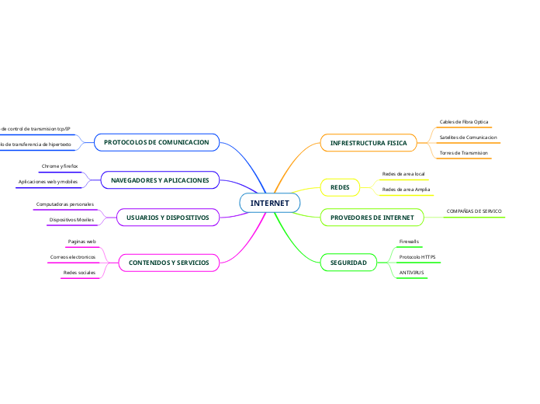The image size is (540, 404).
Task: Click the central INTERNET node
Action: tap(269, 203)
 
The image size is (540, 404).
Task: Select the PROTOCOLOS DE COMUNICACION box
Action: tap(157, 142)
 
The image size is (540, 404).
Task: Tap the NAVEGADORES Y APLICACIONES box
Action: tap(160, 180)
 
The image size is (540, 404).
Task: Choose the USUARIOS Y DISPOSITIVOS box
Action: tap(168, 218)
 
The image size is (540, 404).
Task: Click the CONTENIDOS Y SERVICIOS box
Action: tap(168, 263)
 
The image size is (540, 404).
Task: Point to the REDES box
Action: tap(340, 187)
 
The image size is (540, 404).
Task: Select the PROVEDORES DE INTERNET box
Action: tap(372, 218)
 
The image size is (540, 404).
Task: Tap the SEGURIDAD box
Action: tap(348, 263)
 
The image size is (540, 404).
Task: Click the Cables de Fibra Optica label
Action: tap(464, 122)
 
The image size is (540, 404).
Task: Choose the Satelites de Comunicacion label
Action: tap(468, 138)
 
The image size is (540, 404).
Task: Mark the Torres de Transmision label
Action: tap(464, 153)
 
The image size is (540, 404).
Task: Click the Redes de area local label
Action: tap(403, 173)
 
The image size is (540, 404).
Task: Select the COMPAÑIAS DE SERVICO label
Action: tap(474, 211)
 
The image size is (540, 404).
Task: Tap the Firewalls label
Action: tap(409, 242)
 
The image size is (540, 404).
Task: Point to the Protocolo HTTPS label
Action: tap(417, 256)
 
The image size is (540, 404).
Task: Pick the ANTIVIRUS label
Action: tap(410, 273)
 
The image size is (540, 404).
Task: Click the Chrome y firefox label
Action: tap(60, 166)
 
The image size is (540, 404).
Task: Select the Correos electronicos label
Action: tap(72, 256)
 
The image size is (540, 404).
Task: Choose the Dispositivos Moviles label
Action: tap(71, 220)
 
